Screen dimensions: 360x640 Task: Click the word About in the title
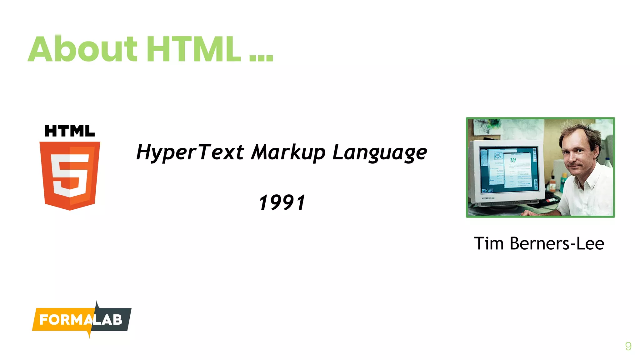pos(83,49)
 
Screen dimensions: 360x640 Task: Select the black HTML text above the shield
pos(70,131)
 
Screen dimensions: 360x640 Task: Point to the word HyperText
pos(190,153)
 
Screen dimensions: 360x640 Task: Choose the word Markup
pos(288,153)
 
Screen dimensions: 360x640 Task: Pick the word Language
pos(380,153)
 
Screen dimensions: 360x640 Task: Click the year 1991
pos(282,202)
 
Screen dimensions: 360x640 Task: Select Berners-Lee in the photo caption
pos(557,243)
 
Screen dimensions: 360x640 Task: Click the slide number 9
pos(628,346)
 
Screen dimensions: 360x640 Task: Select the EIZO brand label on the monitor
pos(485,198)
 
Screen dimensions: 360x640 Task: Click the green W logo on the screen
pos(513,160)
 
